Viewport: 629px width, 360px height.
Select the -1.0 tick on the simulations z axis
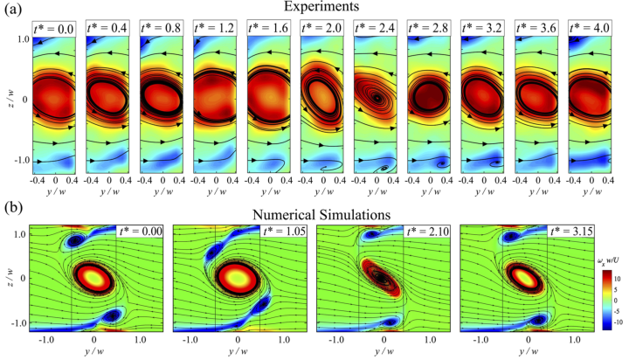(17, 322)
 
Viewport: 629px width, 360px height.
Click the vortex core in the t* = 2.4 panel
(377, 98)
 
